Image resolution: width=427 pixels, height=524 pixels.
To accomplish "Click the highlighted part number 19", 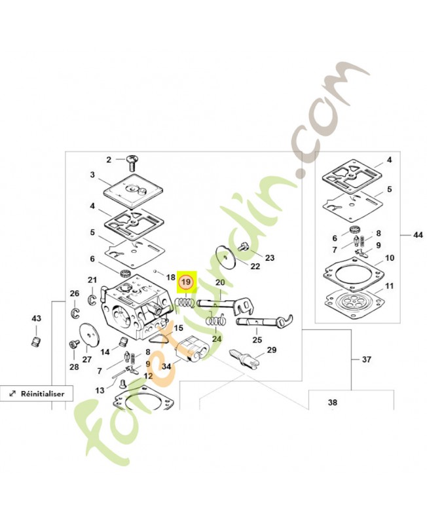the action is point(186,282).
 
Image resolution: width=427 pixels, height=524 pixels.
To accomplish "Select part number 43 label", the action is point(36,318).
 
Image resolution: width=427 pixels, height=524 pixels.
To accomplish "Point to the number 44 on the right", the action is point(418,235).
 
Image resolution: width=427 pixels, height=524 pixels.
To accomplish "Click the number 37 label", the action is point(367,360).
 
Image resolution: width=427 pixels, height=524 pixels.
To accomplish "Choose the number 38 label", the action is point(333,402).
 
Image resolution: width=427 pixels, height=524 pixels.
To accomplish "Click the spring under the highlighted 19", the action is point(185,303).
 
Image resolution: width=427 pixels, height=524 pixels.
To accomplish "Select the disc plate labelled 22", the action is point(225,257).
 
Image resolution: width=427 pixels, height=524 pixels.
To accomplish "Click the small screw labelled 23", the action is point(242,248).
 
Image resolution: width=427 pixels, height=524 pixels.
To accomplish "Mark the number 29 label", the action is point(272,350).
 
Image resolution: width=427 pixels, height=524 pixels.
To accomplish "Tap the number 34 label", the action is point(166,366).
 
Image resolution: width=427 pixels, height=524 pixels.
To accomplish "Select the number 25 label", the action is point(257,340).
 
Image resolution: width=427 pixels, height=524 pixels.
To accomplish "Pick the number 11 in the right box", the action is point(389,286).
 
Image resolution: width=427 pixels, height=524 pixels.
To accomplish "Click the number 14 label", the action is point(105,352).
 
